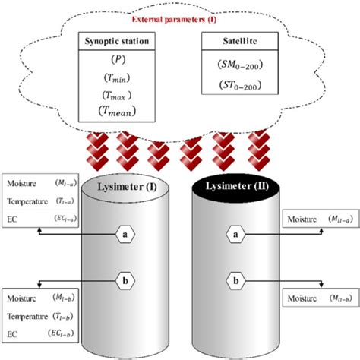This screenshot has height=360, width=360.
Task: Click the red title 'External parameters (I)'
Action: click(x=180, y=19)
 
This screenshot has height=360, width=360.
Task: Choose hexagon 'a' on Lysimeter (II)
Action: click(x=239, y=215)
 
